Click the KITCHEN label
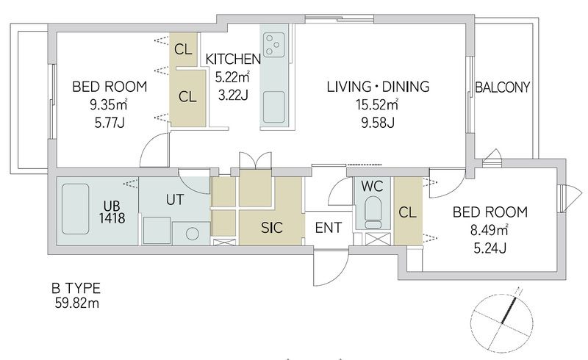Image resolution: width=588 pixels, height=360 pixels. (x=233, y=60)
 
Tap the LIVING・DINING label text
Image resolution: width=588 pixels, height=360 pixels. (x=378, y=87)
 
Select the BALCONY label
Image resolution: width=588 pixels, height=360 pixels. (x=502, y=87)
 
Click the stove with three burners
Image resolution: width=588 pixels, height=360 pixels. (x=273, y=45)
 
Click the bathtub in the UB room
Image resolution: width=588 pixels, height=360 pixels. (x=75, y=209)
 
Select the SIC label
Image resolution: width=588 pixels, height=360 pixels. (x=271, y=228)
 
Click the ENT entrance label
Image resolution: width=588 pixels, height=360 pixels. (x=328, y=228)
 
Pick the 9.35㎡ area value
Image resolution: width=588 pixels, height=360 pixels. (x=108, y=104)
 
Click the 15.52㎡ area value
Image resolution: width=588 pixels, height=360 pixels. (x=376, y=104)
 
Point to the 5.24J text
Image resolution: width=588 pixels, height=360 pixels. (x=490, y=248)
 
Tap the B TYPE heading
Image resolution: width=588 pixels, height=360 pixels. (x=76, y=289)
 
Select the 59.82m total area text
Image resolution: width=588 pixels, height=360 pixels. (x=77, y=303)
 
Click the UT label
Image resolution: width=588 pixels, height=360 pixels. (x=175, y=200)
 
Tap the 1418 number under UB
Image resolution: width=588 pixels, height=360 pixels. (x=112, y=218)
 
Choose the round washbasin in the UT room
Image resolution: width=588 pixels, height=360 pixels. (x=192, y=234)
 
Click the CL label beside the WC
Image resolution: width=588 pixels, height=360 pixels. (x=407, y=212)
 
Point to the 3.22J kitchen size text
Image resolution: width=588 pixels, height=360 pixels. (x=233, y=95)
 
